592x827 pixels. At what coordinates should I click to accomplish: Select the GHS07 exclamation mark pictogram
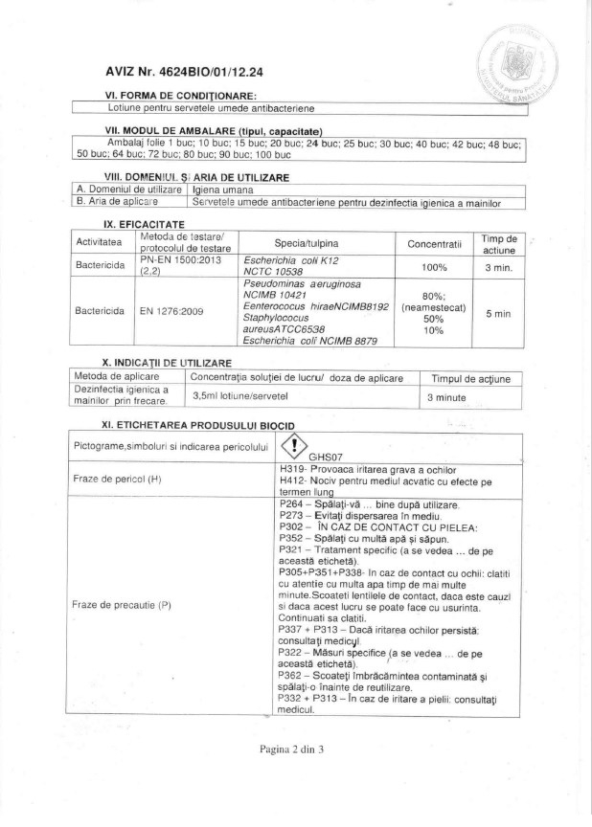293,445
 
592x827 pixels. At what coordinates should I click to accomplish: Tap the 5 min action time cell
499,312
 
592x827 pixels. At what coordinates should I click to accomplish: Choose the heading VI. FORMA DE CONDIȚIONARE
181,96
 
